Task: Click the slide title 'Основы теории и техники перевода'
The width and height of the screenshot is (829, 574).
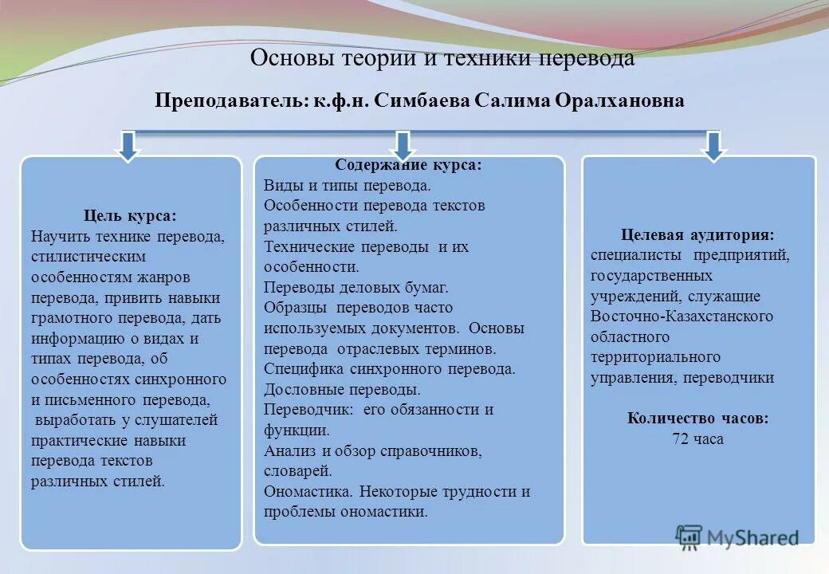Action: pyautogui.click(x=442, y=58)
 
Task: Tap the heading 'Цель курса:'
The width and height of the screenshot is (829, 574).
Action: pyautogui.click(x=130, y=216)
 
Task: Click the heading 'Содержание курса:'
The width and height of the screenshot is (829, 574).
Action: pyautogui.click(x=408, y=165)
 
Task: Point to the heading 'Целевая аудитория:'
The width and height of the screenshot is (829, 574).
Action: pyautogui.click(x=697, y=234)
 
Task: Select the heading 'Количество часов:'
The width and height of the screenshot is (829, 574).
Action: pyautogui.click(x=697, y=418)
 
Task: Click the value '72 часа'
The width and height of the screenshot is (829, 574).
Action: pyautogui.click(x=697, y=438)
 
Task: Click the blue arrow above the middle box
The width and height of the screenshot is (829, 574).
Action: pyautogui.click(x=403, y=145)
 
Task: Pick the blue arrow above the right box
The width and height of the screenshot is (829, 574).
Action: pyautogui.click(x=713, y=145)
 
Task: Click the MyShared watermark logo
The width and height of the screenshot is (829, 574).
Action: pyautogui.click(x=737, y=537)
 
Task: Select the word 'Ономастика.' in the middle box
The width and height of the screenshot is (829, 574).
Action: pyautogui.click(x=308, y=492)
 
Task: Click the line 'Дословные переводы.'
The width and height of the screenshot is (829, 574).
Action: pyautogui.click(x=342, y=390)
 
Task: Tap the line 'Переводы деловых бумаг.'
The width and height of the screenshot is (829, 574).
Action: pyautogui.click(x=356, y=287)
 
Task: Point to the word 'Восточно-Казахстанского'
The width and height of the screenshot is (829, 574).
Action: pyautogui.click(x=682, y=316)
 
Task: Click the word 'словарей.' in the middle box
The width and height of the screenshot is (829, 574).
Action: pyautogui.click(x=297, y=471)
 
